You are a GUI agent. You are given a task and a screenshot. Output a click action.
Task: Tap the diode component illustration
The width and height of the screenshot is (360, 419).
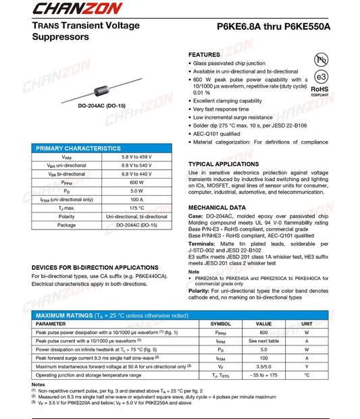[x=101, y=88]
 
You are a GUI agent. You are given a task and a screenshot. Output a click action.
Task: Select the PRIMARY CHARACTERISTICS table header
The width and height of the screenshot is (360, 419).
[x=78, y=148]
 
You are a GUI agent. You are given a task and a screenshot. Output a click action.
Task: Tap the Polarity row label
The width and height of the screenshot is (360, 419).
[x=67, y=217]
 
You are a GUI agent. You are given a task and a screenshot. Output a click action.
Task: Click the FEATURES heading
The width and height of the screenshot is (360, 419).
[x=204, y=54]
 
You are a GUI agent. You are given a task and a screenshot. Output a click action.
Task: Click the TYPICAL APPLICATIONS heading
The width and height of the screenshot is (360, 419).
[x=223, y=164]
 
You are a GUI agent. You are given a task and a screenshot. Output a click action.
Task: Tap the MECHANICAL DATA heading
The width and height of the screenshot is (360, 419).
[x=217, y=208]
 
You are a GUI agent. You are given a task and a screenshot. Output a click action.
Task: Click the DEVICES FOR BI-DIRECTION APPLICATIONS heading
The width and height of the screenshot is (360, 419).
[x=95, y=268]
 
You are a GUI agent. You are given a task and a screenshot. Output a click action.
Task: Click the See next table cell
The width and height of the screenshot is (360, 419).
[x=263, y=341]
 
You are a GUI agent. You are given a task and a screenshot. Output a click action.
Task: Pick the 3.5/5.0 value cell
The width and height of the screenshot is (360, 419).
[x=263, y=366]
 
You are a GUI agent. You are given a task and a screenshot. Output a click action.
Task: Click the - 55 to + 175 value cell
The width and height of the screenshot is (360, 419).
[x=263, y=374]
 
